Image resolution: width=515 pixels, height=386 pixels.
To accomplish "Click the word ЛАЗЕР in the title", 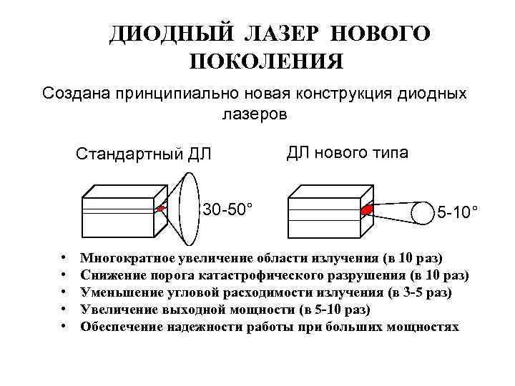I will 283,34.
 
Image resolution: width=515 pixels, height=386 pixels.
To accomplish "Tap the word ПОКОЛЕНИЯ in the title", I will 267,61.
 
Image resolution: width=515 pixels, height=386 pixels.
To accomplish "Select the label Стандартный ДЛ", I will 144,154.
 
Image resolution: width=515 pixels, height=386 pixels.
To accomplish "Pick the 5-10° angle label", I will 458,212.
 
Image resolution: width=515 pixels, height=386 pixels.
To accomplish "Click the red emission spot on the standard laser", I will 161,209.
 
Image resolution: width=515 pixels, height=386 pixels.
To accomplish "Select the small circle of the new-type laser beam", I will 423,212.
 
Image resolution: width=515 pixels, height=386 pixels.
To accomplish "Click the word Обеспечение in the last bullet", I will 119,327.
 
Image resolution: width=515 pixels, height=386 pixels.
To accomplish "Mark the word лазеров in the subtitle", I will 256,114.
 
